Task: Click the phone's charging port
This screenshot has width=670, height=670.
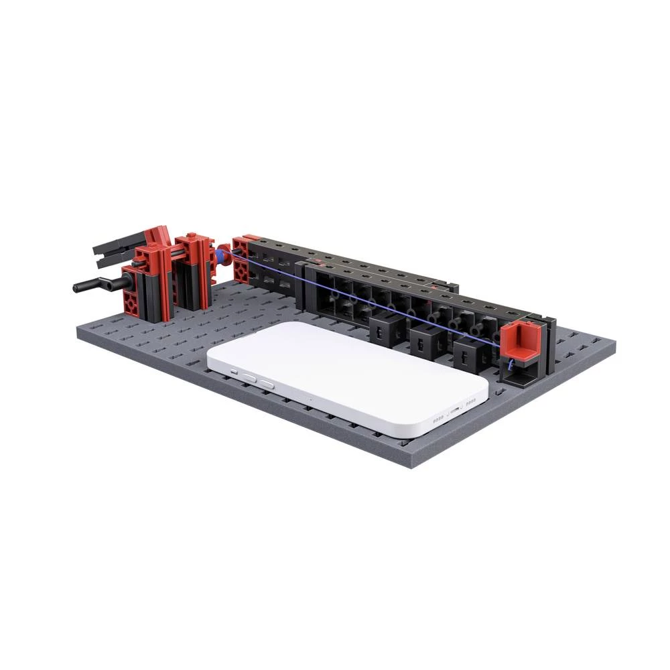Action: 455,409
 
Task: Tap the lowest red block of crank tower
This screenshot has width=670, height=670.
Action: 135,302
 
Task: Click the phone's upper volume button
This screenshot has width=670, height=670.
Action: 249,377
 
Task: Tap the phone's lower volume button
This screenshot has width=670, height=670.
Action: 266,384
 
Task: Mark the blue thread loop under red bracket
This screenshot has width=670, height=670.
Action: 511,366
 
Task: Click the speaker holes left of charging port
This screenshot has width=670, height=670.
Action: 438,420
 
